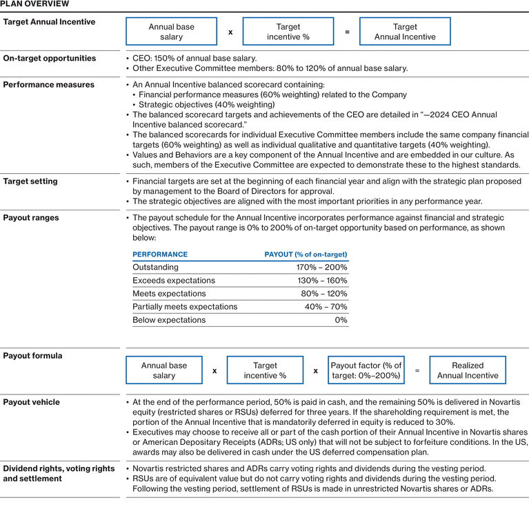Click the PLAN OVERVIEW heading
(34, 4)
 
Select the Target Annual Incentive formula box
(405, 32)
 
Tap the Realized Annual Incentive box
(467, 370)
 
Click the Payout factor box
(366, 370)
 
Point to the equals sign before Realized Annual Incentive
(417, 370)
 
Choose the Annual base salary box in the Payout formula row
(164, 370)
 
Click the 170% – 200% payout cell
(321, 268)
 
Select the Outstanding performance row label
(155, 268)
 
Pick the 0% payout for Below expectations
(341, 320)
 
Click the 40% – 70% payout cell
(326, 307)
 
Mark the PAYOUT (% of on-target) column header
(306, 254)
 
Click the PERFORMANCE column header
(160, 254)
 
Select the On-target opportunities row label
(50, 59)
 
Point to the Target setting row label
(30, 181)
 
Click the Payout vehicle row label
(32, 402)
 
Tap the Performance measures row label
(49, 85)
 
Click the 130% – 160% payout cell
(321, 281)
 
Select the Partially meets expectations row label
(185, 307)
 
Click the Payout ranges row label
(31, 218)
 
